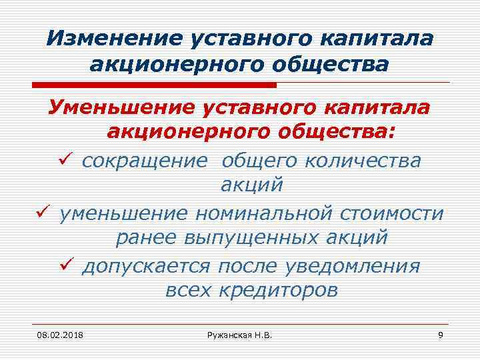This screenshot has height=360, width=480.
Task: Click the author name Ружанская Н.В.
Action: [239, 333]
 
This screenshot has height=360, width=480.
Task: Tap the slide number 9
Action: [440, 333]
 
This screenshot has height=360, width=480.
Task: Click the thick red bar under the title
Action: [153, 85]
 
